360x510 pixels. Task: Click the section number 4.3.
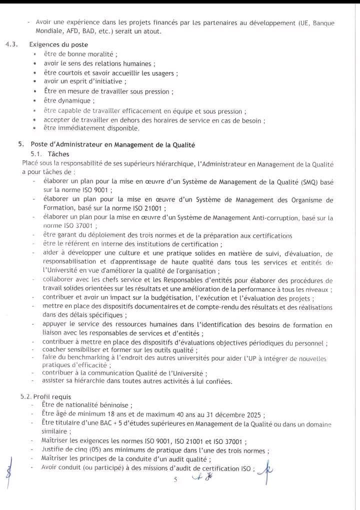pos(11,44)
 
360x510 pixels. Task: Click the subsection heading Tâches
pos(58,154)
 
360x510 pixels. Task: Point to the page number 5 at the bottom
pos(175,480)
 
